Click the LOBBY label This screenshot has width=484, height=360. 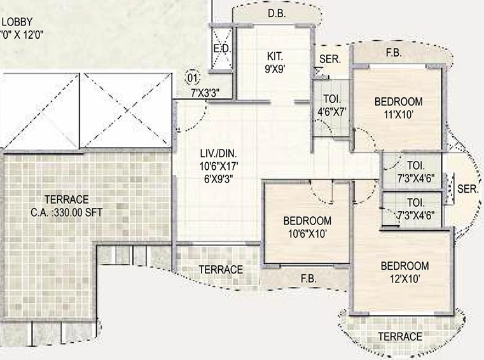(17, 22)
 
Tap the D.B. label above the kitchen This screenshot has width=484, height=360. (277, 13)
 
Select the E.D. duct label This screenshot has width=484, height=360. (222, 49)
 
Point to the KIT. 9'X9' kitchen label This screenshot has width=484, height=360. (275, 63)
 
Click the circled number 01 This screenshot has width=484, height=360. (192, 78)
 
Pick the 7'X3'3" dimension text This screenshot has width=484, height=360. (205, 93)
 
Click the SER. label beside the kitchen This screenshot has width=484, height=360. (330, 59)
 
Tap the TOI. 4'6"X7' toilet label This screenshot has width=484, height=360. (332, 106)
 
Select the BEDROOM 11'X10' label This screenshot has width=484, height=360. (399, 108)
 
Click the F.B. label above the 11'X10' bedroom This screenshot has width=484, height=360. (394, 53)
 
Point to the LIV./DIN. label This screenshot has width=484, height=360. (219, 153)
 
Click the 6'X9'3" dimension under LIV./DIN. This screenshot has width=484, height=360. (219, 179)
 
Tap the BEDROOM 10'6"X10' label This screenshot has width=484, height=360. (307, 227)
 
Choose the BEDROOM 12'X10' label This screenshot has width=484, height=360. (404, 272)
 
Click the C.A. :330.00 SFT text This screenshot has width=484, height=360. (66, 212)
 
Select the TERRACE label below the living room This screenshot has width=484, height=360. (221, 270)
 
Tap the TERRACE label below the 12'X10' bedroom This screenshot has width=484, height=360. (400, 336)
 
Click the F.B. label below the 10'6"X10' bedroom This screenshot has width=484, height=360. (308, 279)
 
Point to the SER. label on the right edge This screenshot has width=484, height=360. (467, 189)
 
